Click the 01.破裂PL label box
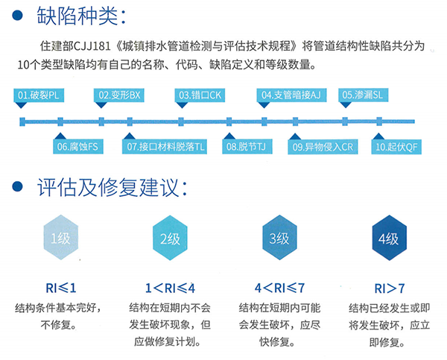point(39,95)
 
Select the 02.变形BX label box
point(119,95)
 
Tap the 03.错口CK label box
point(200,95)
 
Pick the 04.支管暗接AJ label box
point(291,95)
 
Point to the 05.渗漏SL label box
point(364,95)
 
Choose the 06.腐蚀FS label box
point(78,147)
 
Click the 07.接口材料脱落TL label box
point(165,147)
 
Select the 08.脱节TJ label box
point(247,147)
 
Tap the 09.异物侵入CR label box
point(323,147)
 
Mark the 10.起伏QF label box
point(396,147)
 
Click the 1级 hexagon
point(61,237)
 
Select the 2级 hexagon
point(170,238)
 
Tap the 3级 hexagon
point(279,237)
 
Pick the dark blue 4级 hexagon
point(389,238)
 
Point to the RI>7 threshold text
point(390,288)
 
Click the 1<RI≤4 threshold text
point(170,288)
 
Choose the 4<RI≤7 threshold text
point(279,288)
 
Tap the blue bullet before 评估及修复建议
point(17,186)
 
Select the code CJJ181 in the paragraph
point(92,46)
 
